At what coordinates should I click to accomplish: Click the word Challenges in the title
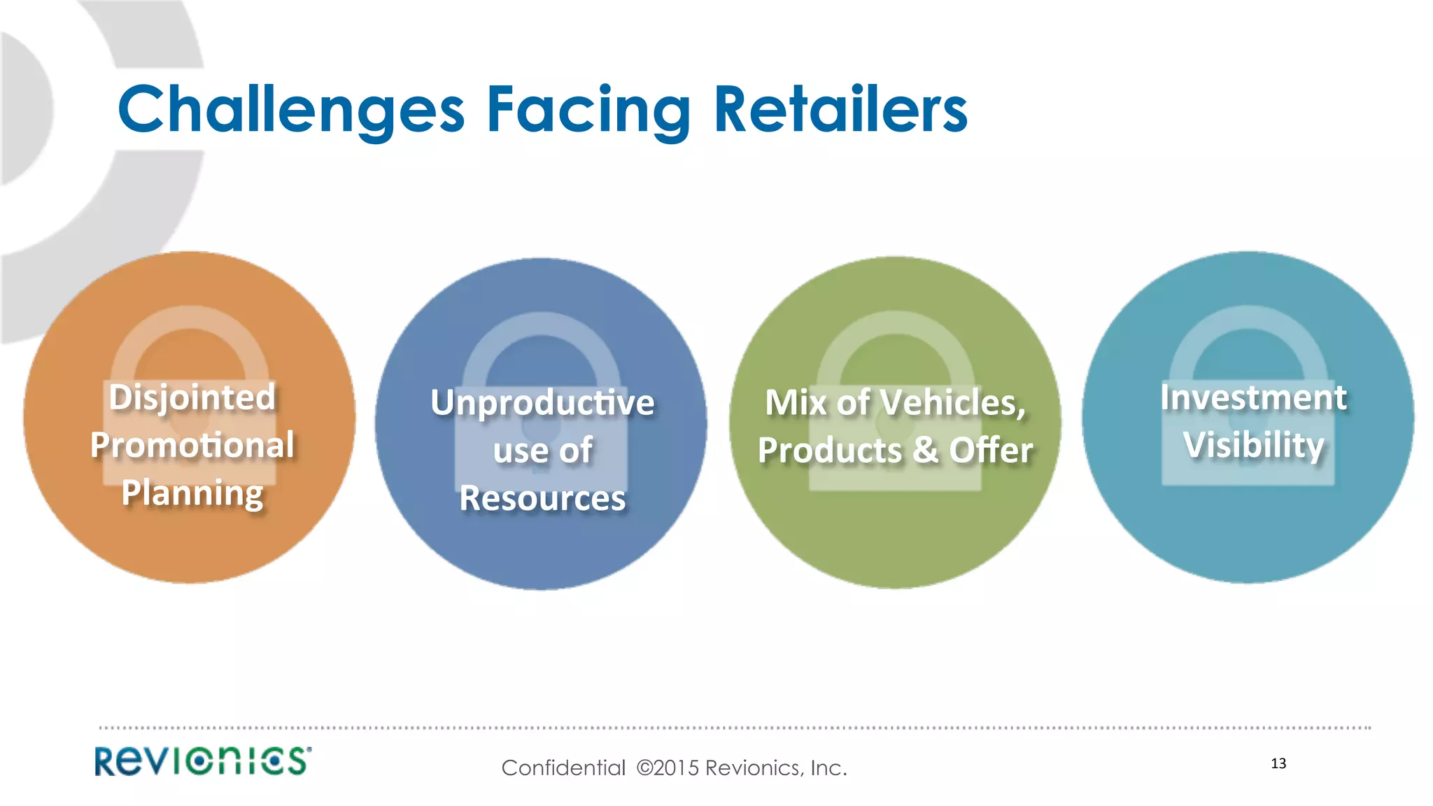tap(291, 110)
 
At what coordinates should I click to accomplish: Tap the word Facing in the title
tap(588, 110)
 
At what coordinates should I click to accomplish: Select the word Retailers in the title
tap(840, 110)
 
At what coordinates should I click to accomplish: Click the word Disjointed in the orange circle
tap(192, 397)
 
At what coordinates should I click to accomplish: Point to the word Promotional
tap(192, 446)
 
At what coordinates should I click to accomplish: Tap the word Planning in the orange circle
tap(192, 493)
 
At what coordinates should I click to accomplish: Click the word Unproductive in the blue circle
tap(542, 403)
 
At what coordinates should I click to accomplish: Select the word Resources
tap(542, 498)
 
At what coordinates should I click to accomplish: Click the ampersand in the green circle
tap(925, 450)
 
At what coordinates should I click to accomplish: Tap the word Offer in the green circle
tap(991, 450)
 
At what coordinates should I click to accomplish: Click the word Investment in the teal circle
tap(1253, 397)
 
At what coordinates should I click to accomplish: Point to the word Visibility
tap(1253, 445)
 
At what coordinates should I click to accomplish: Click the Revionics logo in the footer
tap(203, 761)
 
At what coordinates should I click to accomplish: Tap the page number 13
tap(1278, 763)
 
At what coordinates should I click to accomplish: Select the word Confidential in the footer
tap(563, 768)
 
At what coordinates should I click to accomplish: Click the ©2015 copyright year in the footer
tap(668, 768)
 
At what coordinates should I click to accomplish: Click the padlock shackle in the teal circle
tap(1248, 323)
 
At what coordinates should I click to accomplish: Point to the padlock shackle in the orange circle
tap(190, 323)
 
